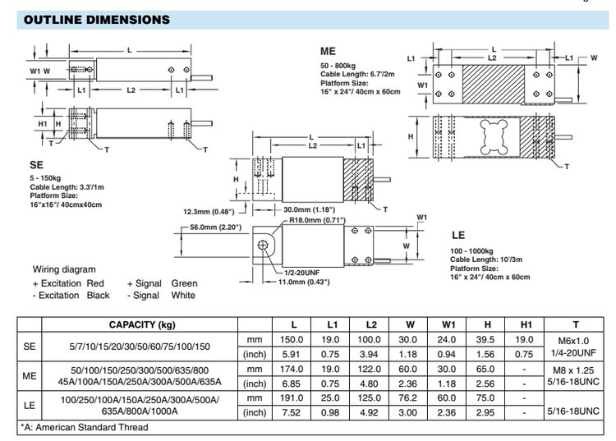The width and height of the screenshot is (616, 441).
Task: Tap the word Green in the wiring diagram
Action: [x=184, y=283]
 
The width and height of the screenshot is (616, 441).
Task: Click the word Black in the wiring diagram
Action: [x=98, y=295]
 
